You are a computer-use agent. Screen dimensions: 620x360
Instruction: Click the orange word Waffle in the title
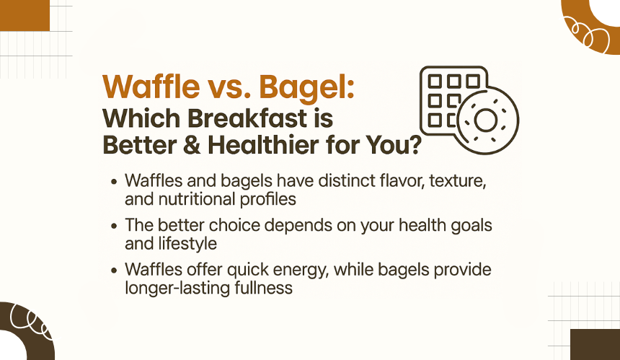click(151, 87)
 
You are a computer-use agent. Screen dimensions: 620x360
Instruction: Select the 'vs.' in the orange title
click(229, 88)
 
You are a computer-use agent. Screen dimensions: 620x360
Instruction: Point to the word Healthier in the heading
click(263, 145)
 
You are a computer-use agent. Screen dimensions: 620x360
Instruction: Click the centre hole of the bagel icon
click(486, 120)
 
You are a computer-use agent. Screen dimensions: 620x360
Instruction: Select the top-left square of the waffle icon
click(435, 82)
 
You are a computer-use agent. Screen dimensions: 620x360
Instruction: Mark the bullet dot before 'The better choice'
click(115, 227)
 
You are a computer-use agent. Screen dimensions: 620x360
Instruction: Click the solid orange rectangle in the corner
click(25, 15)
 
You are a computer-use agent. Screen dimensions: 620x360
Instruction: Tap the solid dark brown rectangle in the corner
click(595, 345)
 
